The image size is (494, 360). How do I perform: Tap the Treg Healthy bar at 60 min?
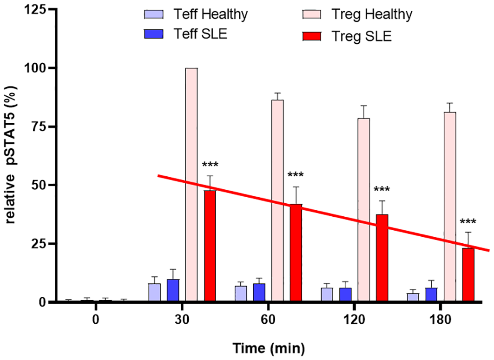pyautogui.click(x=277, y=200)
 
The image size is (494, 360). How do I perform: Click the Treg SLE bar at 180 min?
pyautogui.click(x=468, y=274)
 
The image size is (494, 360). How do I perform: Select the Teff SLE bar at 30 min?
pyautogui.click(x=173, y=290)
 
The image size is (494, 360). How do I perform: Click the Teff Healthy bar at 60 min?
pyautogui.click(x=241, y=293)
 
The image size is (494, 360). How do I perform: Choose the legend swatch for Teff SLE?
pyautogui.click(x=153, y=34)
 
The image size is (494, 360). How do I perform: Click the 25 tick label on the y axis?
pyautogui.click(x=38, y=244)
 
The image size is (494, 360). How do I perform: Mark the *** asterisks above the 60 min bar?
pyautogui.click(x=296, y=175)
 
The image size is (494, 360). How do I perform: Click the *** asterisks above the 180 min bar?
pyautogui.click(x=468, y=222)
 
